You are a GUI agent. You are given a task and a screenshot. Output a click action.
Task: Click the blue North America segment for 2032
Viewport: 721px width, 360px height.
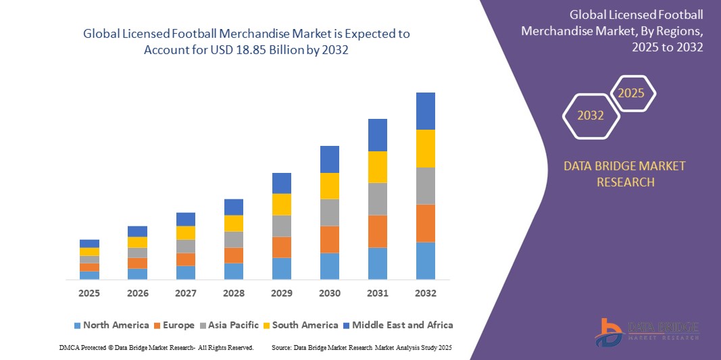tap(425, 261)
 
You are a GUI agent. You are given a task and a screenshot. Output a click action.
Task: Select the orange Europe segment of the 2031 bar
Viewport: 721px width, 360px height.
tap(377, 231)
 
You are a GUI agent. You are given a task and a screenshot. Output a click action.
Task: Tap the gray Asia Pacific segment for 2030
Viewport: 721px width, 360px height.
tap(329, 212)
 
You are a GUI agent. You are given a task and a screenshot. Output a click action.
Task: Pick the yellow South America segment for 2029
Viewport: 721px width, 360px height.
tap(281, 204)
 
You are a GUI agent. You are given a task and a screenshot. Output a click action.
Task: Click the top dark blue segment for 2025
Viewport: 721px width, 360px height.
tap(89, 243)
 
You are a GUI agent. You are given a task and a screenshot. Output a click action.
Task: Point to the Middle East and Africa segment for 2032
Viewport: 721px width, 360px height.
tap(425, 111)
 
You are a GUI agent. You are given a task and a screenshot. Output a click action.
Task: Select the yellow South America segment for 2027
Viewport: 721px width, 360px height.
tap(185, 232)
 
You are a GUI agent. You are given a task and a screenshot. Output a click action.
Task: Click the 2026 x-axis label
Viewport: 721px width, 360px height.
tap(137, 293)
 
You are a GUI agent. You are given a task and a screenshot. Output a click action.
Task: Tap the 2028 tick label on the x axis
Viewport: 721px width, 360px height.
tap(233, 293)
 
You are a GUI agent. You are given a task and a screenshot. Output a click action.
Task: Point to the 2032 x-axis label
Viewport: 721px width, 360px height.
tap(425, 293)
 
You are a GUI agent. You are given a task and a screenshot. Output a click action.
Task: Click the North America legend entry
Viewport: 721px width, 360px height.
tap(111, 325)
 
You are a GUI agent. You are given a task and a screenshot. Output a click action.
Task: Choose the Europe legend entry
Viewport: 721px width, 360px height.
tap(174, 325)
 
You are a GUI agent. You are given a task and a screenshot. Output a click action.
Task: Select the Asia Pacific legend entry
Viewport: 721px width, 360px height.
tap(228, 325)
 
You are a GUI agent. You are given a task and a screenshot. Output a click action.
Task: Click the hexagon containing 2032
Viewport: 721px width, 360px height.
tap(591, 115)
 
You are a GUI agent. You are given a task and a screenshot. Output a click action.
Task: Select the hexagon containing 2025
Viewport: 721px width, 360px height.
tap(632, 93)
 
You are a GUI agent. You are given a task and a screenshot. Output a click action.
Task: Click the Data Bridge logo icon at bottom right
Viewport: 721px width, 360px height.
tap(609, 332)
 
